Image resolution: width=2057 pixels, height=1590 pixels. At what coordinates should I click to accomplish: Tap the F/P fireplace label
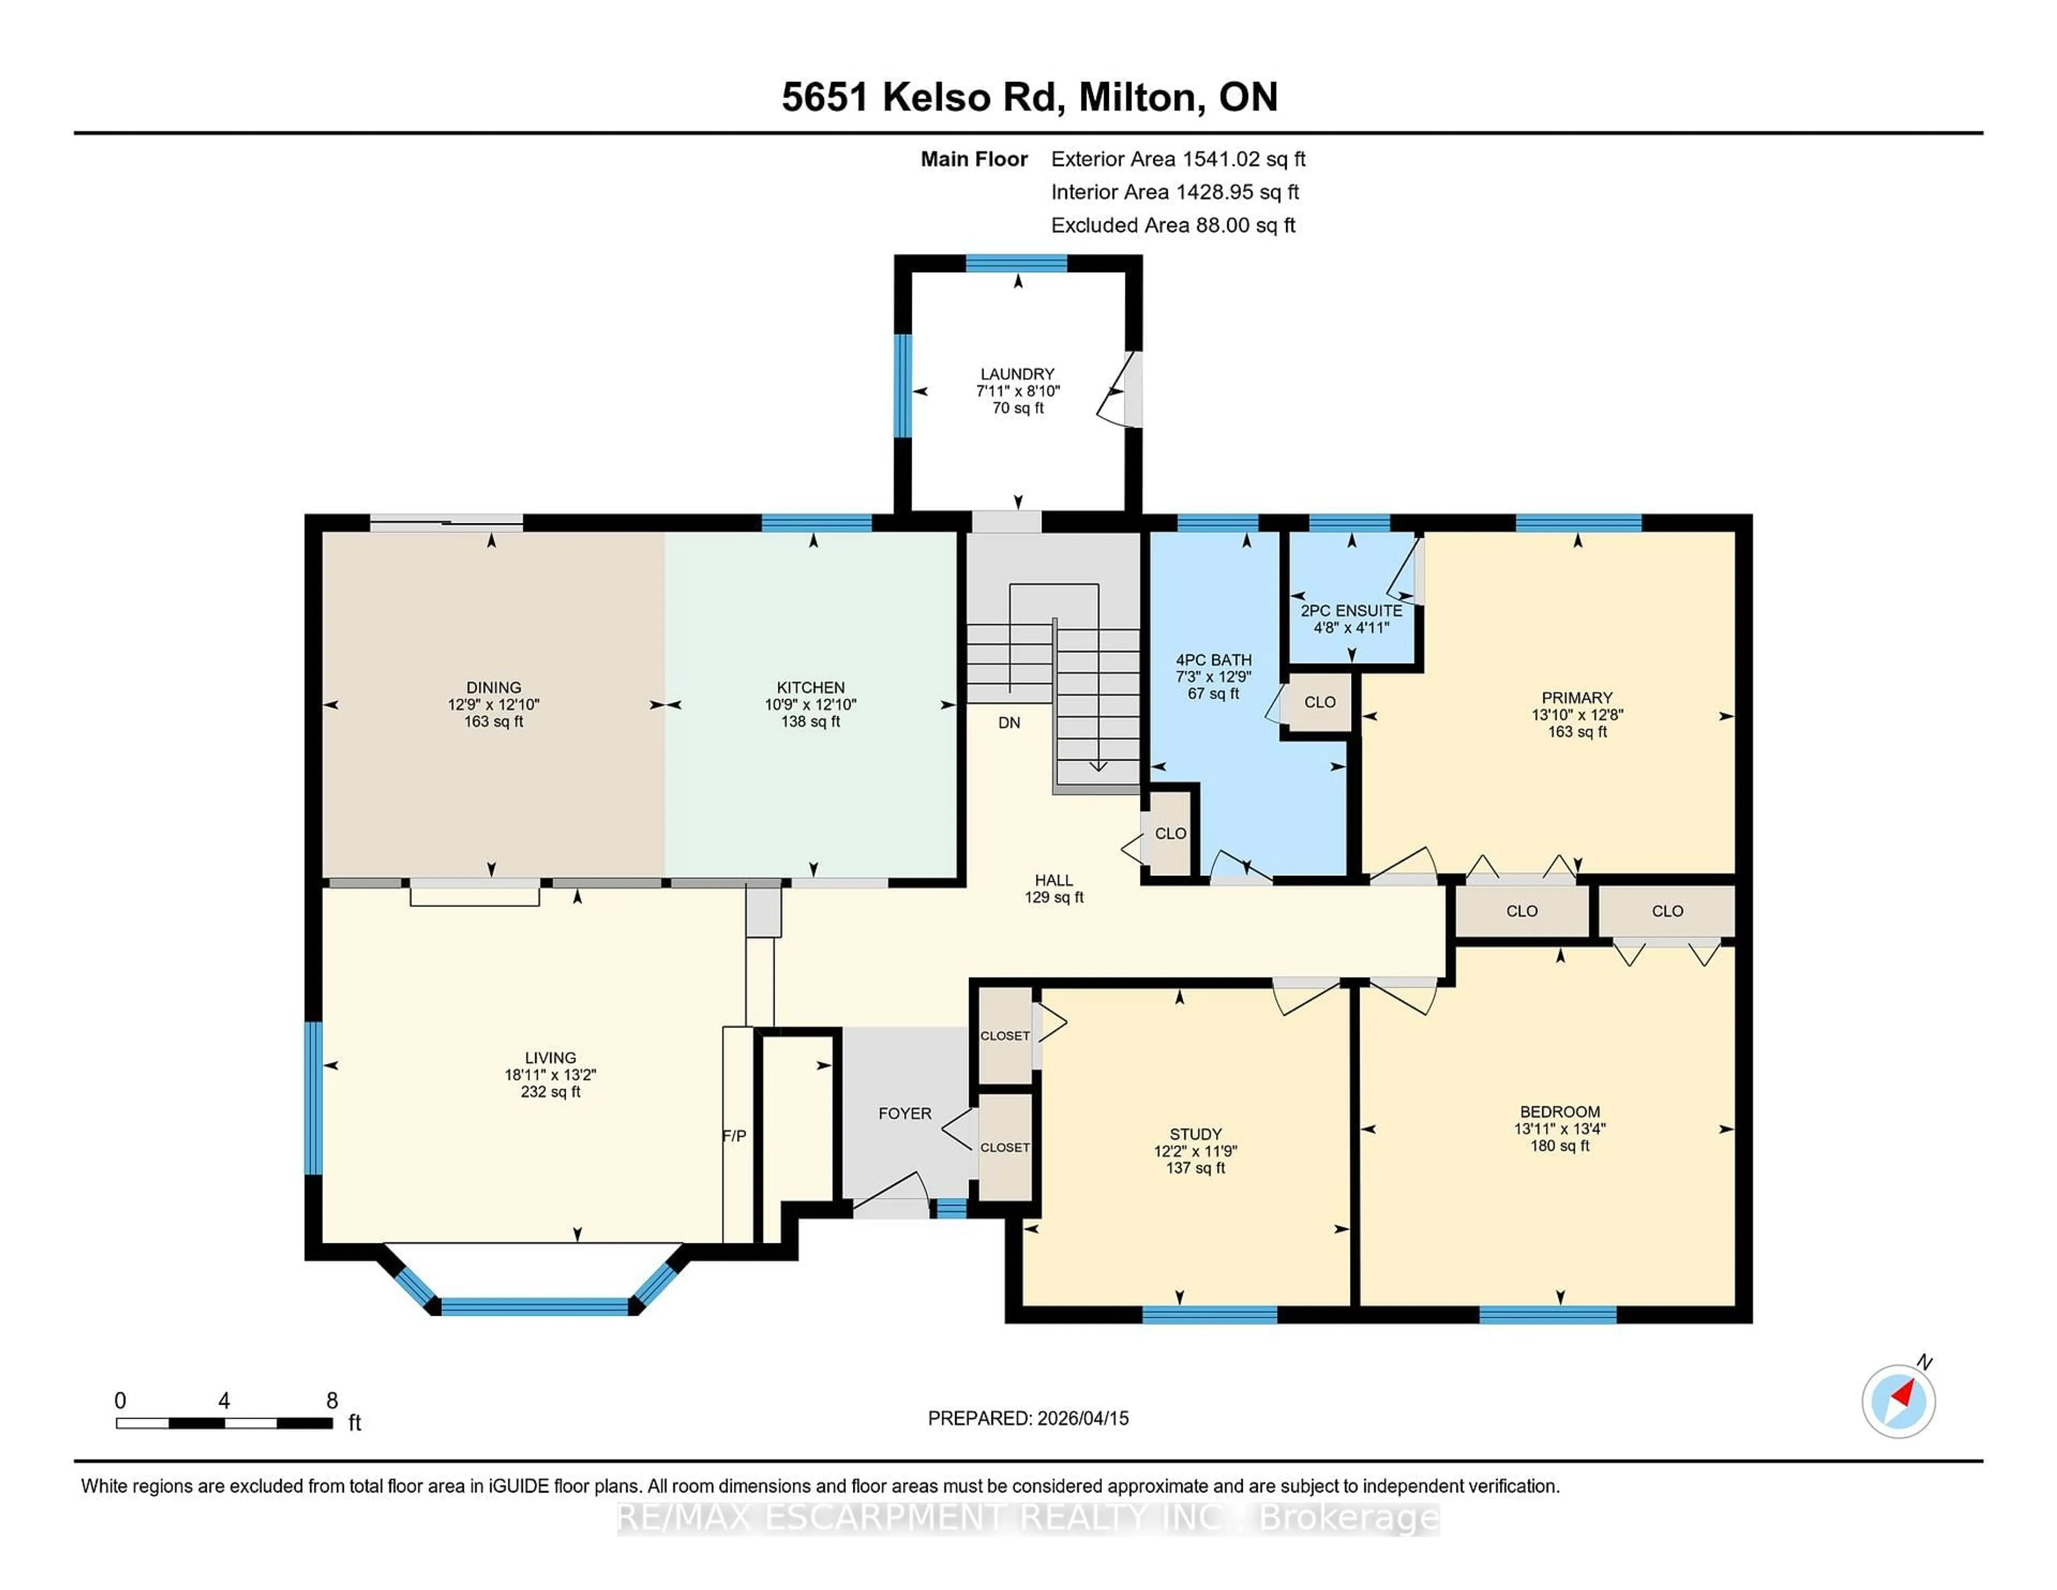point(734,1136)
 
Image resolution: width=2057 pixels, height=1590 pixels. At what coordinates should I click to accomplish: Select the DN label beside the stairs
point(1009,723)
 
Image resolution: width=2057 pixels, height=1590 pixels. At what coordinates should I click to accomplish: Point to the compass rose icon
point(1898,1401)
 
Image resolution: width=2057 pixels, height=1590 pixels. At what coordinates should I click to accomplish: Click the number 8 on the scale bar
point(332,1401)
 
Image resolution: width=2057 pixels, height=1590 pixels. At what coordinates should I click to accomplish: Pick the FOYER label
point(904,1113)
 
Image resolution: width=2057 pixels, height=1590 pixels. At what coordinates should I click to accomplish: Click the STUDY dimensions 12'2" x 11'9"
point(1195,1151)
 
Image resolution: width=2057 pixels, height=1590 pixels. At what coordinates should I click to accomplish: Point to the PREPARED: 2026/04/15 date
point(1027,1417)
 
